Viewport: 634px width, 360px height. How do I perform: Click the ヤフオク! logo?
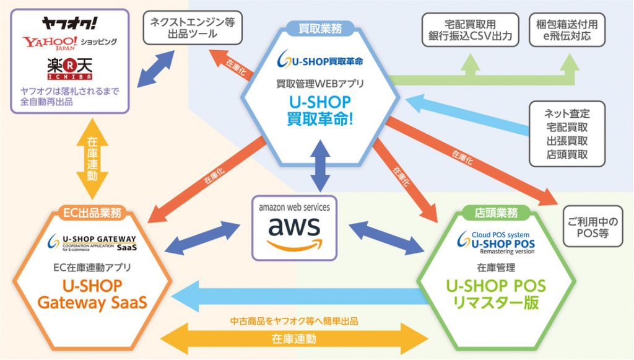pyautogui.click(x=69, y=23)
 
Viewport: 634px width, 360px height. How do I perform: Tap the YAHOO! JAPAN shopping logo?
pyautogui.click(x=69, y=42)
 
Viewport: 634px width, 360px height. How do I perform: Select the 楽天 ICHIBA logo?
pyautogui.click(x=69, y=69)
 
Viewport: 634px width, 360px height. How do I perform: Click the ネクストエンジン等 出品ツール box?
pyautogui.click(x=193, y=27)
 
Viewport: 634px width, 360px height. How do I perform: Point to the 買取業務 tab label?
pyautogui.click(x=320, y=29)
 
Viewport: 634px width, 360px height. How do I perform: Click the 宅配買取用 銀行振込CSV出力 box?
pyautogui.click(x=471, y=30)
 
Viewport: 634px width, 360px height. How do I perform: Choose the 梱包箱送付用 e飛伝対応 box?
pyautogui.click(x=567, y=30)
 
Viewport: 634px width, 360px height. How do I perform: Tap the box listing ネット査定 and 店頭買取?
pyautogui.click(x=567, y=134)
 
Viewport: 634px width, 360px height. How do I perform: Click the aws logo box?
pyautogui.click(x=294, y=228)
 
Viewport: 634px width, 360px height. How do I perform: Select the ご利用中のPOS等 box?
pyautogui.click(x=593, y=227)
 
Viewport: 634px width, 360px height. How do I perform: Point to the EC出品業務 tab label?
pyautogui.click(x=92, y=213)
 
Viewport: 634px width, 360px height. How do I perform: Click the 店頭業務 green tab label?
pyautogui.click(x=496, y=213)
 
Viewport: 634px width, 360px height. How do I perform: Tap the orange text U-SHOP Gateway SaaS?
pyautogui.click(x=92, y=294)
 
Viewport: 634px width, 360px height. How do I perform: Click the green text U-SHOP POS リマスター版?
pyautogui.click(x=496, y=294)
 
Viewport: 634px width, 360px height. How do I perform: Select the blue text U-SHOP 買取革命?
pyautogui.click(x=320, y=110)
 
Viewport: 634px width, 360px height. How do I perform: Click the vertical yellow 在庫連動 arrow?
pyautogui.click(x=92, y=159)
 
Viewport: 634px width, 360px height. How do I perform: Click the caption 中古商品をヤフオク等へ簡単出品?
pyautogui.click(x=294, y=321)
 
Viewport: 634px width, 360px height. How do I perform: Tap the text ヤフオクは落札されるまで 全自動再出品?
pyautogui.click(x=69, y=96)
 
